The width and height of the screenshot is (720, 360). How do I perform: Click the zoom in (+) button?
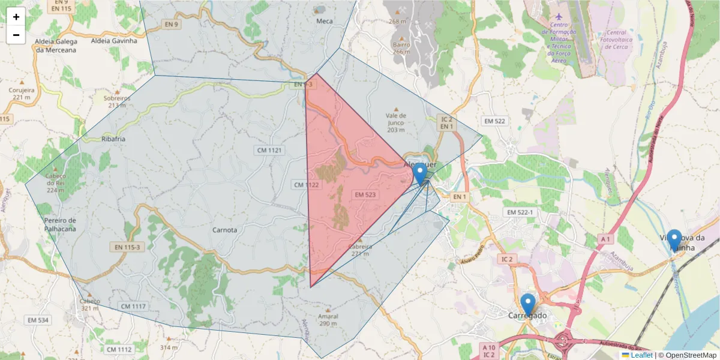(x=16, y=17)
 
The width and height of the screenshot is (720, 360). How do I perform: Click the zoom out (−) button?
(x=16, y=35)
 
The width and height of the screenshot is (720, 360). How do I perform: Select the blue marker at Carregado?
(x=528, y=304)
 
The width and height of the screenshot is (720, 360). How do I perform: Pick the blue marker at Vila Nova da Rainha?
(x=674, y=239)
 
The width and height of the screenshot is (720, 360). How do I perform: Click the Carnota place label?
(x=225, y=230)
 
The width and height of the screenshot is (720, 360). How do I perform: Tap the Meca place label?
(x=324, y=21)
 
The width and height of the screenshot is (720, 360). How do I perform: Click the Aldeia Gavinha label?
(x=113, y=41)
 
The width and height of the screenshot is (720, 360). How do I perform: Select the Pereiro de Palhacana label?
(x=60, y=224)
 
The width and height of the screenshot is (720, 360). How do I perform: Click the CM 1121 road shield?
(x=269, y=150)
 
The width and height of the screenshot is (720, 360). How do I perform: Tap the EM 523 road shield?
(x=365, y=195)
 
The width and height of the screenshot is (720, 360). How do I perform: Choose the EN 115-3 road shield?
(x=127, y=246)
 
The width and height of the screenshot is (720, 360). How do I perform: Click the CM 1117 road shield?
(x=133, y=307)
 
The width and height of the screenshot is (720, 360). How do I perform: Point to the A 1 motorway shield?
(x=605, y=239)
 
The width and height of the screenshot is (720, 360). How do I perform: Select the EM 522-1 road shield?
(x=520, y=213)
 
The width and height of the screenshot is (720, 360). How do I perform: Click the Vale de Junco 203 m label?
(x=397, y=122)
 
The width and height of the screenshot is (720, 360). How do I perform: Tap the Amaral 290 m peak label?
(x=328, y=320)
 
